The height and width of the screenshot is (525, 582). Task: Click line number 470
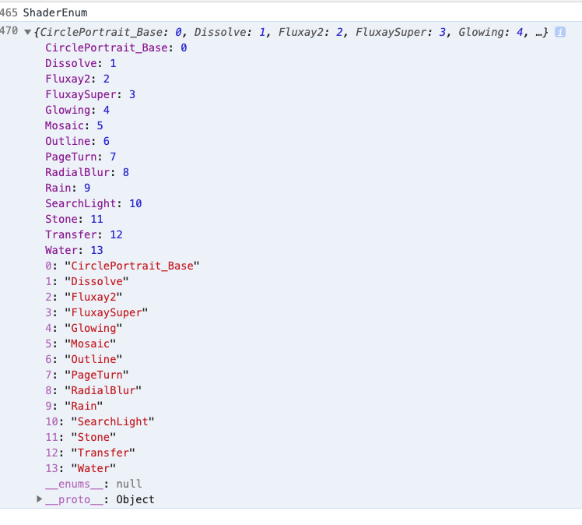click(9, 31)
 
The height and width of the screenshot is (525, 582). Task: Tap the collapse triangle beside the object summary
click(28, 32)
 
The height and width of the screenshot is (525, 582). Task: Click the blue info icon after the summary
click(559, 32)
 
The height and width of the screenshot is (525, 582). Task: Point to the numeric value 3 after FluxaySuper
click(132, 94)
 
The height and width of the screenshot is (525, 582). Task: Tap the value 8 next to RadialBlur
click(126, 172)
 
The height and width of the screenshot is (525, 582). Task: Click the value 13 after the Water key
click(96, 250)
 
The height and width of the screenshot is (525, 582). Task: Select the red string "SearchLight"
click(113, 421)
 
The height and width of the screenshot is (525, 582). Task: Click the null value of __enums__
click(128, 484)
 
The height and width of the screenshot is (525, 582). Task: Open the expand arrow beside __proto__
click(40, 499)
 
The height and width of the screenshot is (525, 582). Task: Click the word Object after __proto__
click(135, 499)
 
